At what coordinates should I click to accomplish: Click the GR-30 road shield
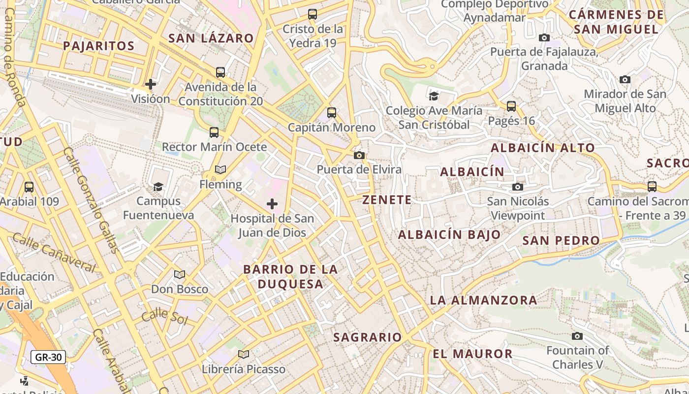pyautogui.click(x=48, y=357)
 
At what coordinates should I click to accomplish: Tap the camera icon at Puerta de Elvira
pyautogui.click(x=359, y=156)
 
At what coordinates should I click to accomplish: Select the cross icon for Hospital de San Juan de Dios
pyautogui.click(x=272, y=204)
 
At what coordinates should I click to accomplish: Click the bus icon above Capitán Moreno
pyautogui.click(x=332, y=113)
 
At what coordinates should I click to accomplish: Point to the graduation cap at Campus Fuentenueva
pyautogui.click(x=158, y=187)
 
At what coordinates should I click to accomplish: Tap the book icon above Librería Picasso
pyautogui.click(x=244, y=354)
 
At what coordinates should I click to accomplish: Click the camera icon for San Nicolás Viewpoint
pyautogui.click(x=517, y=187)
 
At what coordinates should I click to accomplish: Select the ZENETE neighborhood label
pyautogui.click(x=387, y=199)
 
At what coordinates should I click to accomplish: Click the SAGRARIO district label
pyautogui.click(x=368, y=337)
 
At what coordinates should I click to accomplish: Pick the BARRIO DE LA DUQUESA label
pyautogui.click(x=290, y=276)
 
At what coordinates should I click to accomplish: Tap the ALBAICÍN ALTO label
pyautogui.click(x=543, y=147)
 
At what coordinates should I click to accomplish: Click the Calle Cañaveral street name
pyautogui.click(x=53, y=252)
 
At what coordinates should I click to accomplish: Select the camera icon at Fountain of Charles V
pyautogui.click(x=577, y=336)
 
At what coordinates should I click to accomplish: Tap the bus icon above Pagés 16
pyautogui.click(x=511, y=106)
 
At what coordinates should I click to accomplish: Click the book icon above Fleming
pyautogui.click(x=220, y=170)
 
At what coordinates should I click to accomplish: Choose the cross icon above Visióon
pyautogui.click(x=151, y=84)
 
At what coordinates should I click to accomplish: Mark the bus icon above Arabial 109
pyautogui.click(x=29, y=187)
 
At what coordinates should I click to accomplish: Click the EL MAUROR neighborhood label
pyautogui.click(x=472, y=354)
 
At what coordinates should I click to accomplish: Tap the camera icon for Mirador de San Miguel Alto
pyautogui.click(x=625, y=79)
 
